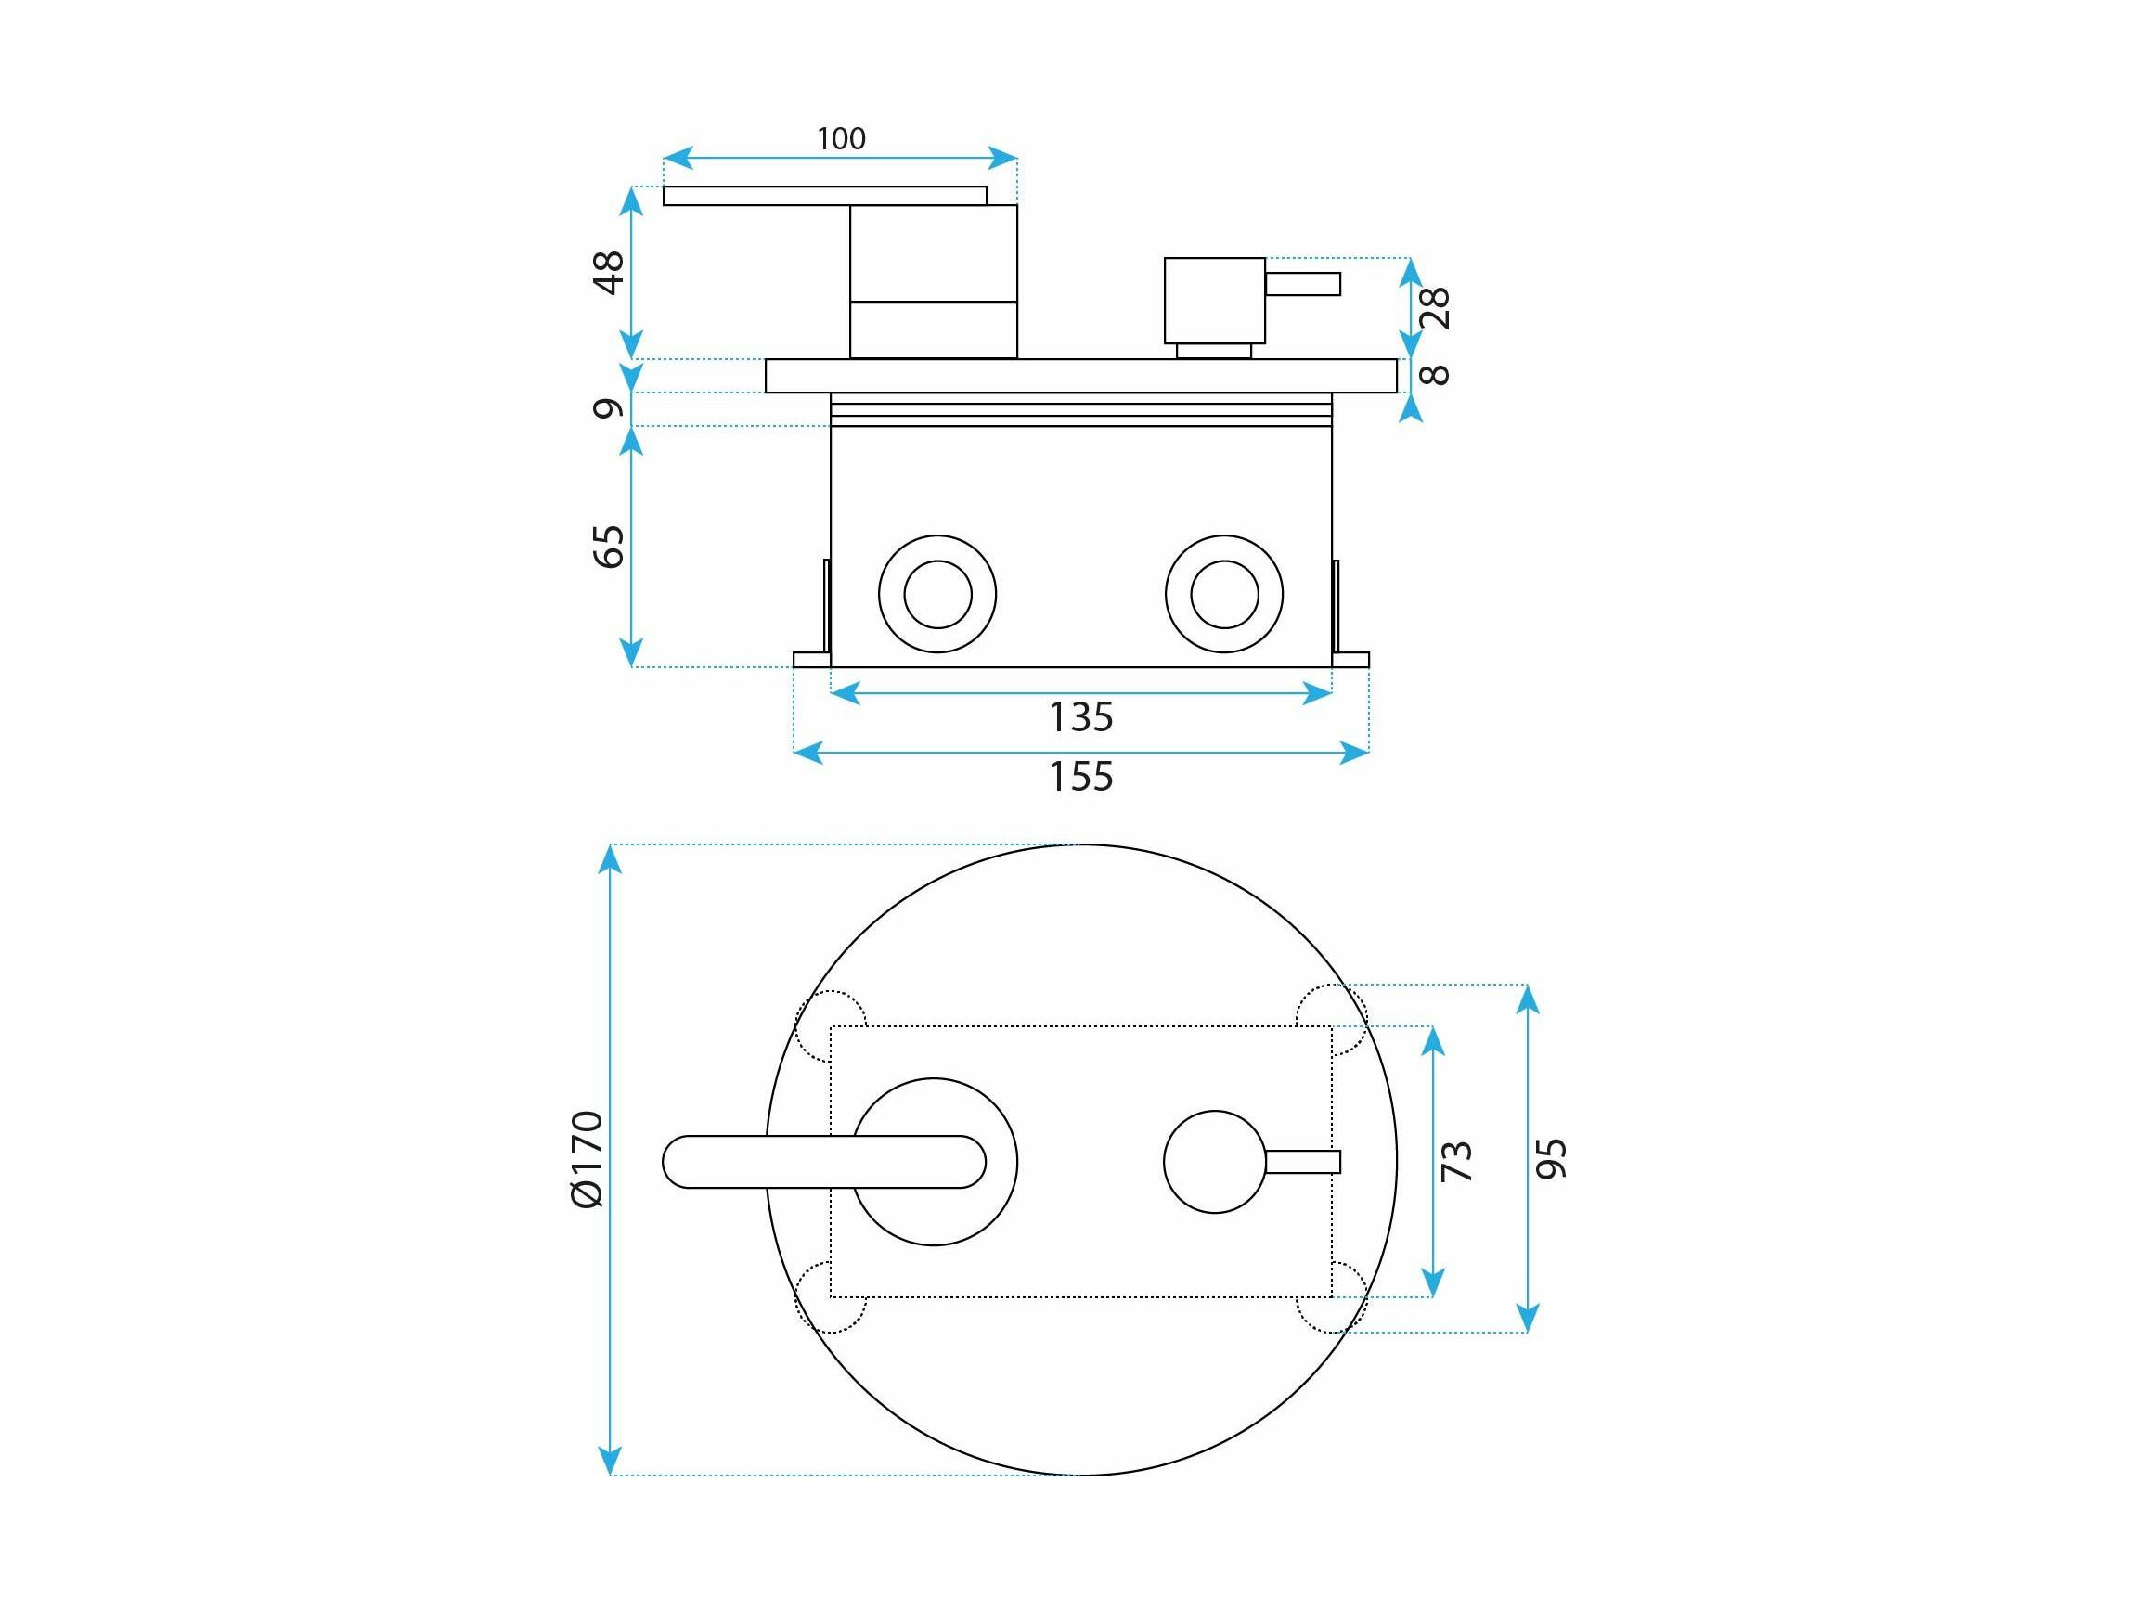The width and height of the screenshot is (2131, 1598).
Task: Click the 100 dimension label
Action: point(841,138)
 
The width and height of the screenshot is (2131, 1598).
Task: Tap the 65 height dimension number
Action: point(609,547)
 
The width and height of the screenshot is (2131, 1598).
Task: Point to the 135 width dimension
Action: point(1081,716)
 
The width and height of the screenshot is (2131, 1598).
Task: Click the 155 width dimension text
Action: point(1081,777)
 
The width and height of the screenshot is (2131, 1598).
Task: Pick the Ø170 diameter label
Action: point(587,1159)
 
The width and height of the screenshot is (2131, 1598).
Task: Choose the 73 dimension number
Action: point(1456,1161)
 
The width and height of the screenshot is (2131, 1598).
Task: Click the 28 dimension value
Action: point(1436,308)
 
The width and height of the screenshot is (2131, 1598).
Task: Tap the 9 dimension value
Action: point(609,408)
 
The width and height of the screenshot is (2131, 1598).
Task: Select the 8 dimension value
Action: point(1436,374)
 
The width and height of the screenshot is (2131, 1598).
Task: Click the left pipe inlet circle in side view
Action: point(937,593)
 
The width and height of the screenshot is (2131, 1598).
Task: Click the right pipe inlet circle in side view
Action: point(1223,593)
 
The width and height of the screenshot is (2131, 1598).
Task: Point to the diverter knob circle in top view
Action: point(1215,1162)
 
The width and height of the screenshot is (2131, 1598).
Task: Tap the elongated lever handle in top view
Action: point(823,1162)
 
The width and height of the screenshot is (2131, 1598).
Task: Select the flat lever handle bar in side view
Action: point(825,196)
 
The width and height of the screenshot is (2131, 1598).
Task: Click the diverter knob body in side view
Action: point(1215,301)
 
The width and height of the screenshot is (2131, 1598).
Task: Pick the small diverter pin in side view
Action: point(1302,284)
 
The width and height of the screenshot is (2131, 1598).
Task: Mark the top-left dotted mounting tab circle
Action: point(831,1025)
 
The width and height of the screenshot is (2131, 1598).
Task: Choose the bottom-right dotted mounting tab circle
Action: point(1331,1296)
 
